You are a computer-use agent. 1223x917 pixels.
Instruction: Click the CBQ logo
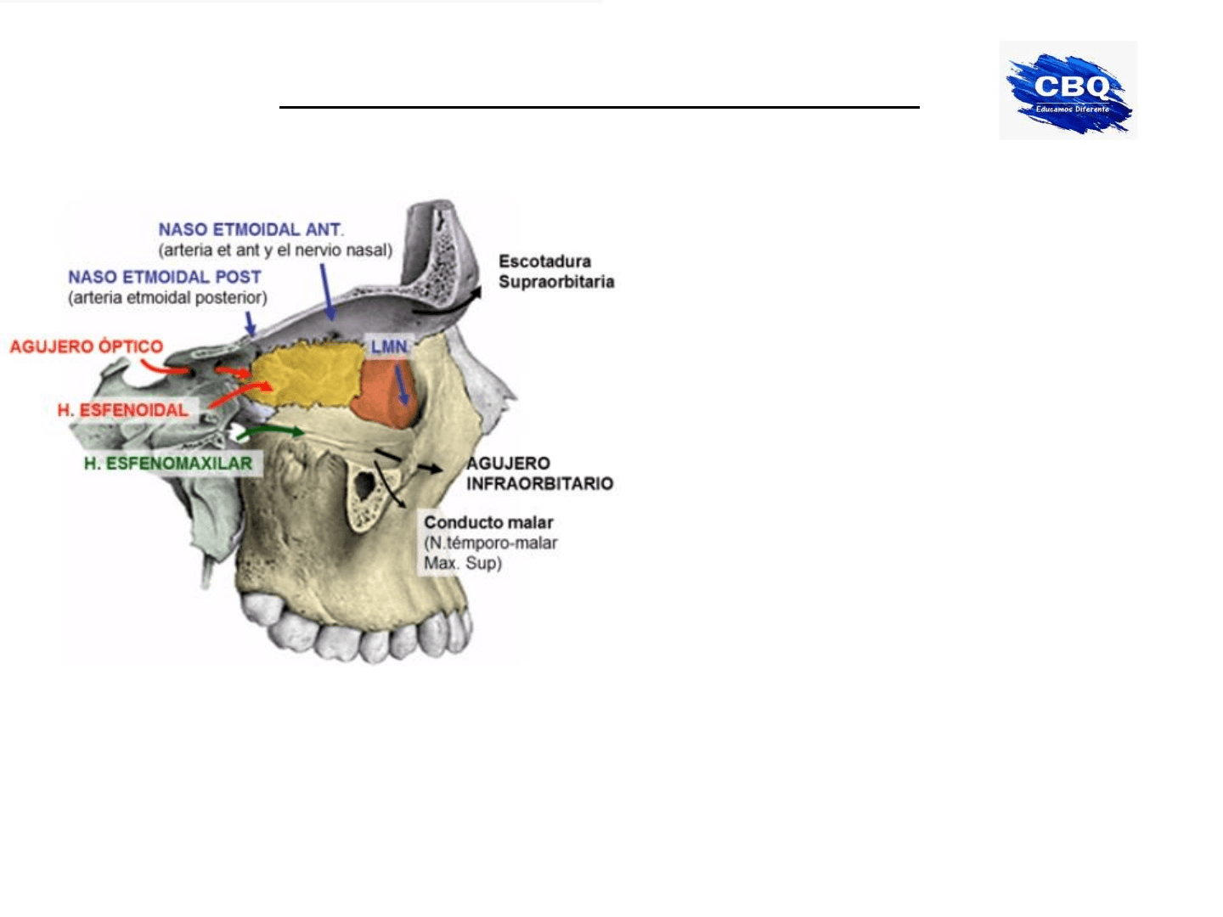coord(1068,90)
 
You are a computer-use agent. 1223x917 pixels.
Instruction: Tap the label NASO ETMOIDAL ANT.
coord(251,229)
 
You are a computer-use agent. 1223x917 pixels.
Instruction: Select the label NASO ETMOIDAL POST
coord(165,277)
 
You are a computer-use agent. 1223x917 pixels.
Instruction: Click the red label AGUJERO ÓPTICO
coord(86,346)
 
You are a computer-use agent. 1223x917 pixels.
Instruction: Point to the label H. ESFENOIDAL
coord(123,410)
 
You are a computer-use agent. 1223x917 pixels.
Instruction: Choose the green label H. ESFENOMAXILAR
coord(168,464)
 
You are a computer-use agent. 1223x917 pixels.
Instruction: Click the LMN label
coord(389,346)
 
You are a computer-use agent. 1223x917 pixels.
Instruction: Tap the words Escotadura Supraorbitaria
coord(555,272)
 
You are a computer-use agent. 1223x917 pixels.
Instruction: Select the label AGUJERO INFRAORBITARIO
coord(539,474)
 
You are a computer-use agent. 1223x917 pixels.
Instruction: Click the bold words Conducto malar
coord(488,522)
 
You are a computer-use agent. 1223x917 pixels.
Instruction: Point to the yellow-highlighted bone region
coord(306,374)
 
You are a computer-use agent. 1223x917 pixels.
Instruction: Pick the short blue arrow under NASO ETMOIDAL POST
coord(250,324)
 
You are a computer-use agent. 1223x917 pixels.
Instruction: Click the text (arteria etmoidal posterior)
coord(167,297)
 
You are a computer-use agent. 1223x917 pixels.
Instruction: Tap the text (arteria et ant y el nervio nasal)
coord(275,250)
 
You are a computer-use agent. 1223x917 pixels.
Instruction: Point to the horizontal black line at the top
coord(599,108)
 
